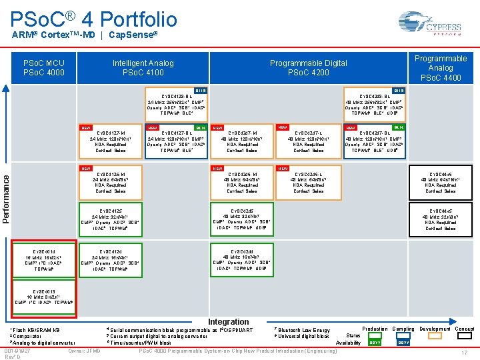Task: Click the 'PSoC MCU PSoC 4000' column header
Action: [44, 68]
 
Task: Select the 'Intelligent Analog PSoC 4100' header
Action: [143, 68]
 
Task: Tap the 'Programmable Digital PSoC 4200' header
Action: [308, 68]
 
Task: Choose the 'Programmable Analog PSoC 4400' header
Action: [441, 68]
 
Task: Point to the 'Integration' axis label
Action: [229, 322]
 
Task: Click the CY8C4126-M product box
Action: [112, 182]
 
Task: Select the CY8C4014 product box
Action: [44, 261]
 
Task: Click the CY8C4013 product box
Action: [44, 297]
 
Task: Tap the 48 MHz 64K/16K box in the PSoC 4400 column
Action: [441, 182]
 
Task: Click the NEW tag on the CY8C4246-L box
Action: [283, 169]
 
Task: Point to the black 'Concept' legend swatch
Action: [465, 342]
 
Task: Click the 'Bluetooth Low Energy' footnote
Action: [304, 330]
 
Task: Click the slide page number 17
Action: [464, 352]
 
